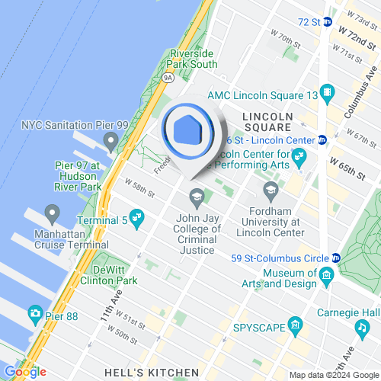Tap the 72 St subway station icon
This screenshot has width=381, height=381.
pyautogui.click(x=327, y=22)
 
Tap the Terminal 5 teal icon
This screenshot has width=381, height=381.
pyautogui.click(x=137, y=216)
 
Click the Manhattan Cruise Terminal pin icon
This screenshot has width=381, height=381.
pyautogui.click(x=53, y=212)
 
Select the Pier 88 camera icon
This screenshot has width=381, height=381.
pyautogui.click(x=35, y=313)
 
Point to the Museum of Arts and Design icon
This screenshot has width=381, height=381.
pyautogui.click(x=326, y=274)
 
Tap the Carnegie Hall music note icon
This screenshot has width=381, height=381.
pyautogui.click(x=360, y=327)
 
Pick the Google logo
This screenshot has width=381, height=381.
pyautogui.click(x=24, y=372)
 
